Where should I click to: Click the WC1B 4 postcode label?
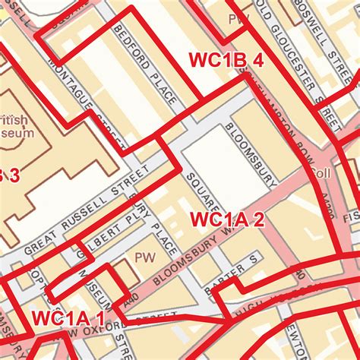226,62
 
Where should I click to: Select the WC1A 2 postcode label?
227,220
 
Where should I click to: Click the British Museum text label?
17,125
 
